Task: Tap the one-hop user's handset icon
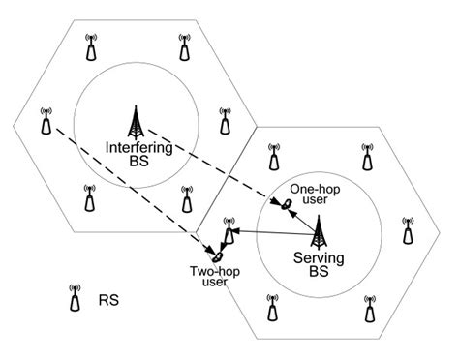click(x=287, y=203)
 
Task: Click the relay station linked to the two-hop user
click(x=229, y=231)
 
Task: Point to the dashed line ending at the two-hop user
click(x=126, y=180)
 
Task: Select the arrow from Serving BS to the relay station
click(x=276, y=232)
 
